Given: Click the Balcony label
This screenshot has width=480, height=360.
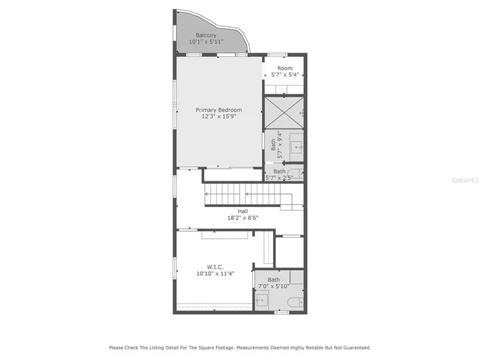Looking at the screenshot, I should click(x=206, y=35).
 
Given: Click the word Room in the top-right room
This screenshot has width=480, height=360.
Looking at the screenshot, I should click(x=284, y=68).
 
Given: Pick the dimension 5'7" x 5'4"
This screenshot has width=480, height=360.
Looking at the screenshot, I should click(x=284, y=75).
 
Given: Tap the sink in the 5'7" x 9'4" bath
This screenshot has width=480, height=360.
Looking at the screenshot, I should click(x=298, y=144).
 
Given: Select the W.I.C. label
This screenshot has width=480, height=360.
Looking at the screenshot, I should click(x=215, y=267).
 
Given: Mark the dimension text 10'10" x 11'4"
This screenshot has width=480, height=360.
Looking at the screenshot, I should click(x=215, y=274).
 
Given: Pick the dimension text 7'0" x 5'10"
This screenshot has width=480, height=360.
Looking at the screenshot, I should click(x=274, y=286).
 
